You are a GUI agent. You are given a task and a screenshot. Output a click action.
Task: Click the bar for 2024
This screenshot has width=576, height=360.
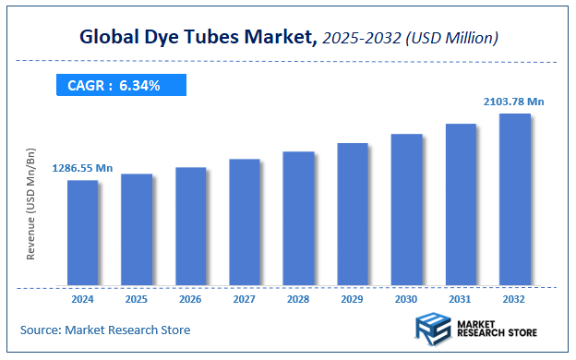pos(82,233)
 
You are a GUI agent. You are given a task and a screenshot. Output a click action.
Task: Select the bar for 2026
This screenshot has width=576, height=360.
pos(190,226)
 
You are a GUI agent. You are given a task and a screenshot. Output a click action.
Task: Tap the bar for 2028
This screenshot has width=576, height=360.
pos(298,218)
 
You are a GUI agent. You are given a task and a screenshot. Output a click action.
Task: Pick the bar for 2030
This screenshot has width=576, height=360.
pos(406,210)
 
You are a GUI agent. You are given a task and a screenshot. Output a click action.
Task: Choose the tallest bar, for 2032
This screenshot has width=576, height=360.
pos(514,199)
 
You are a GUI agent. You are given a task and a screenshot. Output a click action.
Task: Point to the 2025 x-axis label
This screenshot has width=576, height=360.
pos(137,299)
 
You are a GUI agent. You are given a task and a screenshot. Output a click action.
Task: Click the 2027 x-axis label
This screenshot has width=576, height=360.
pos(245,299)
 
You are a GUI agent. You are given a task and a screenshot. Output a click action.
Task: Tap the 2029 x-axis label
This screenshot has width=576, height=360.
pos(353,299)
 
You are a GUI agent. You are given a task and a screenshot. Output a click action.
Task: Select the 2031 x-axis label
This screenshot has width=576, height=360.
pos(461,299)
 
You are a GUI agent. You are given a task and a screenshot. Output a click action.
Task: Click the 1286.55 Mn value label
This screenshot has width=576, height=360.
pos(83,168)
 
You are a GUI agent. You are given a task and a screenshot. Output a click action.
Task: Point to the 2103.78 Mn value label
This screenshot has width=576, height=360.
pos(513,101)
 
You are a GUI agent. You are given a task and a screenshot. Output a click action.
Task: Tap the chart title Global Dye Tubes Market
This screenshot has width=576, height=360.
pos(198,38)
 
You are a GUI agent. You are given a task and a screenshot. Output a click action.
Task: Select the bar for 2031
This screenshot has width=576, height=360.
pos(461,204)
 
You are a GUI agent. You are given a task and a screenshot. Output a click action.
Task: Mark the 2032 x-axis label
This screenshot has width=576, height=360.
pos(514,299)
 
